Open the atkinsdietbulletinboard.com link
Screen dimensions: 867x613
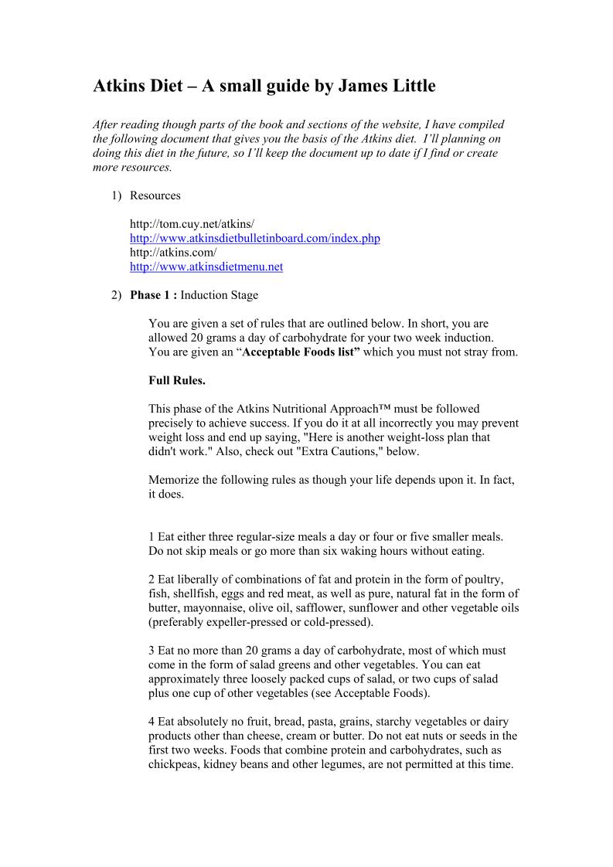pyautogui.click(x=254, y=238)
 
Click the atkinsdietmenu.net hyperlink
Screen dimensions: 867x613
pyautogui.click(x=206, y=267)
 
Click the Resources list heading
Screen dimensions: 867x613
pyautogui.click(x=155, y=195)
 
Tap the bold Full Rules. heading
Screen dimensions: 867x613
pyautogui.click(x=176, y=380)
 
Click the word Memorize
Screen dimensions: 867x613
pyautogui.click(x=174, y=480)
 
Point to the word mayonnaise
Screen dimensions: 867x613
pyautogui.click(x=220, y=607)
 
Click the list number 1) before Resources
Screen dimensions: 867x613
pyautogui.click(x=116, y=195)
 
